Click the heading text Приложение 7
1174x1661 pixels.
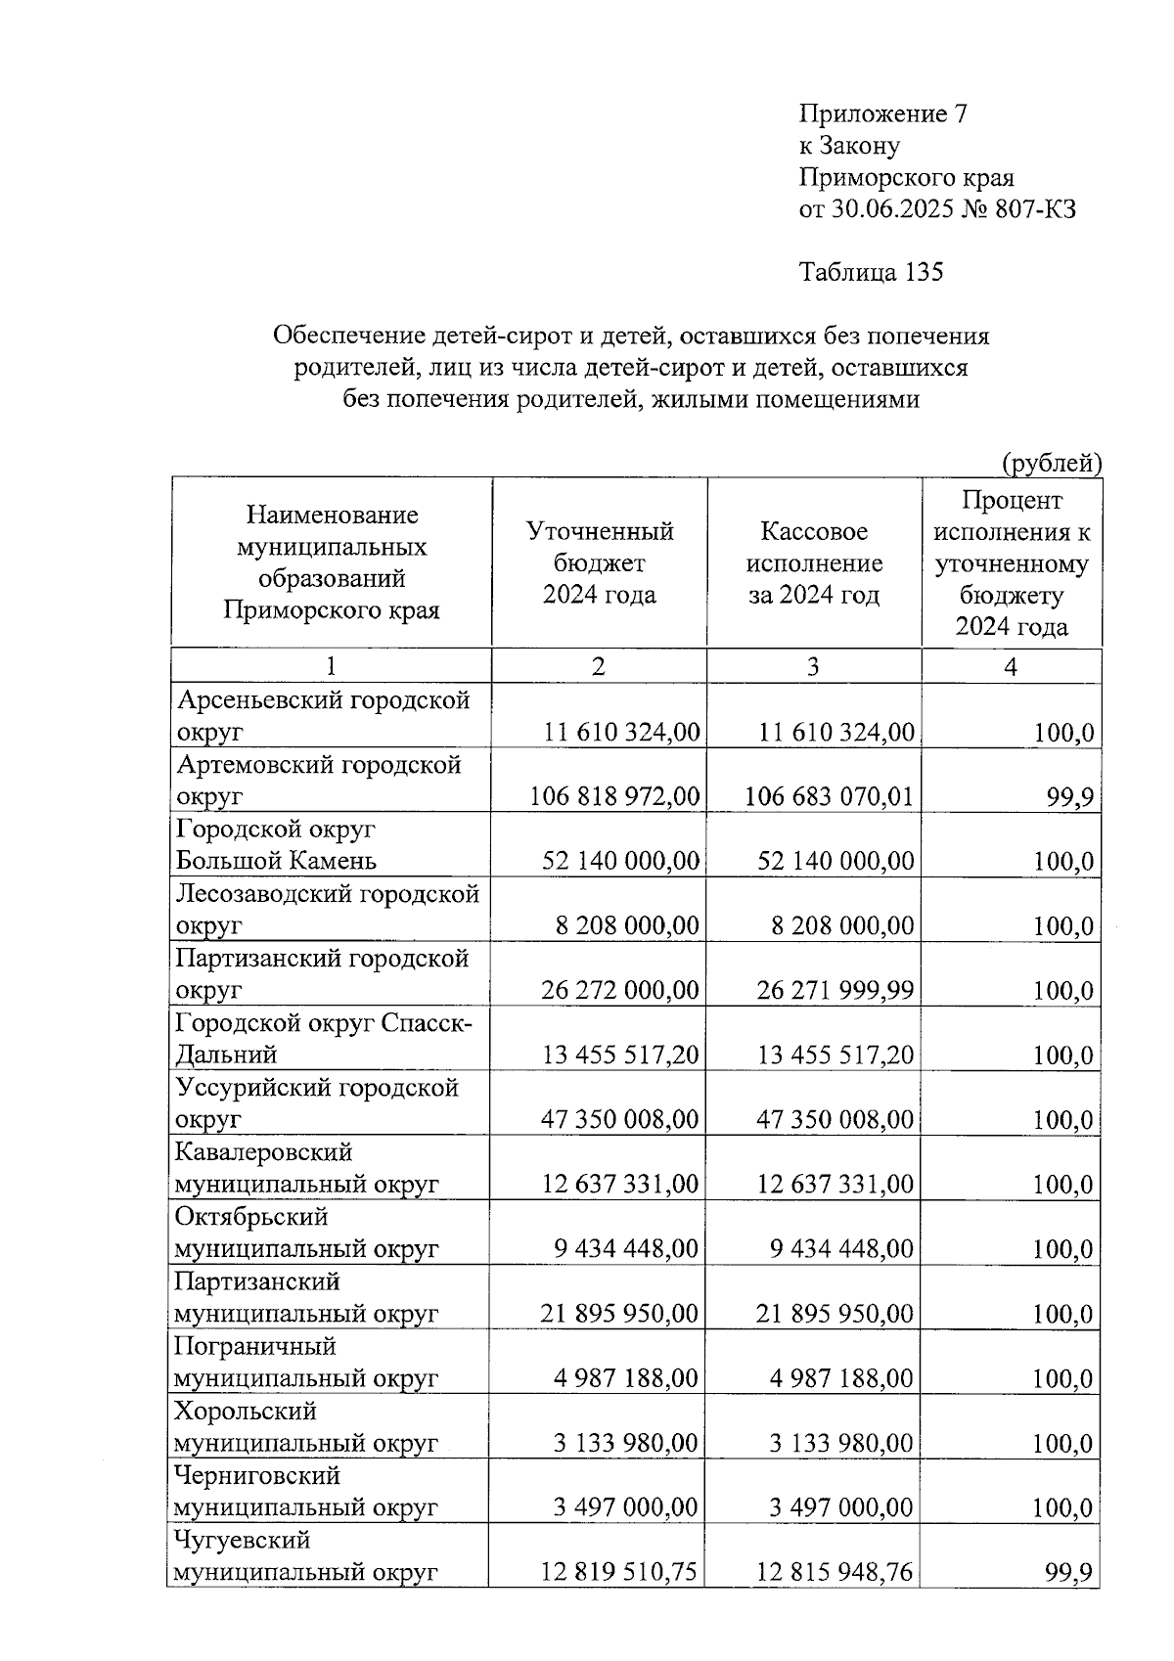tap(883, 114)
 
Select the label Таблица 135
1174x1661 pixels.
tap(871, 272)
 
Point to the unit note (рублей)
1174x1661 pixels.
tap(1051, 463)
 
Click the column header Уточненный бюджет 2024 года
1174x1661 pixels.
tap(599, 562)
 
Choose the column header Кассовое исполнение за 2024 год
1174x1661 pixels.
tap(813, 562)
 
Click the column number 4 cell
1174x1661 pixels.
tap(1011, 666)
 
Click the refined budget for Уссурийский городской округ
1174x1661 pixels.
tap(620, 1119)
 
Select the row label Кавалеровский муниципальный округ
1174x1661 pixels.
tap(306, 1168)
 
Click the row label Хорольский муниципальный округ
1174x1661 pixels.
tap(306, 1426)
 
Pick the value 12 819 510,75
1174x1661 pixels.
tap(620, 1571)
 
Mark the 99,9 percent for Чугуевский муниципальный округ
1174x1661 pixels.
tap(1074, 1572)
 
